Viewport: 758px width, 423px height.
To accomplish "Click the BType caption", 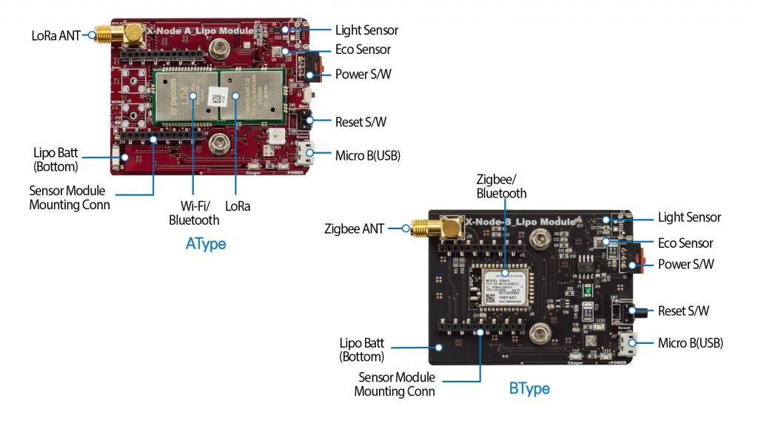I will pos(529,388).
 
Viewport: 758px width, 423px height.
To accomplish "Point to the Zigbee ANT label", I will pos(354,229).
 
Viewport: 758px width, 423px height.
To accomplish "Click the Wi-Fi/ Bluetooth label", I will pos(194,213).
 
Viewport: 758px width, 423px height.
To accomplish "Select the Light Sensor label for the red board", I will pos(366,30).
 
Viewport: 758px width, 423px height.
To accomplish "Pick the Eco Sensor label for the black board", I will pos(685,243).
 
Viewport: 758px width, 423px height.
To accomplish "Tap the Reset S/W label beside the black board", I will pos(682,311).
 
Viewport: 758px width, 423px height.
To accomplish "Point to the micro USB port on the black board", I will pos(631,343).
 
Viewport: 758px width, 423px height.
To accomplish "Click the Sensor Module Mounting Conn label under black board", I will pos(395,385).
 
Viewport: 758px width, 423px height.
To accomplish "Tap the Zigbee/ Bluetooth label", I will pos(502,186).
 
